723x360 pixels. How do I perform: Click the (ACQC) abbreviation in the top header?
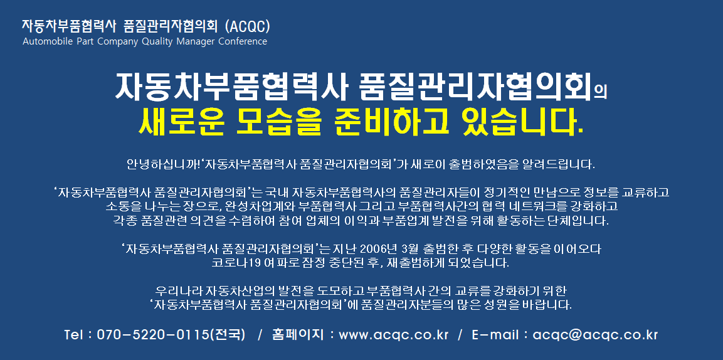coord(247,26)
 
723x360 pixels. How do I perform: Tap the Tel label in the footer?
coord(74,335)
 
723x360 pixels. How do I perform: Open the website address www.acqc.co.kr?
coord(393,336)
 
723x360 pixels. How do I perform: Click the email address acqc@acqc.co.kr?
coord(595,336)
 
